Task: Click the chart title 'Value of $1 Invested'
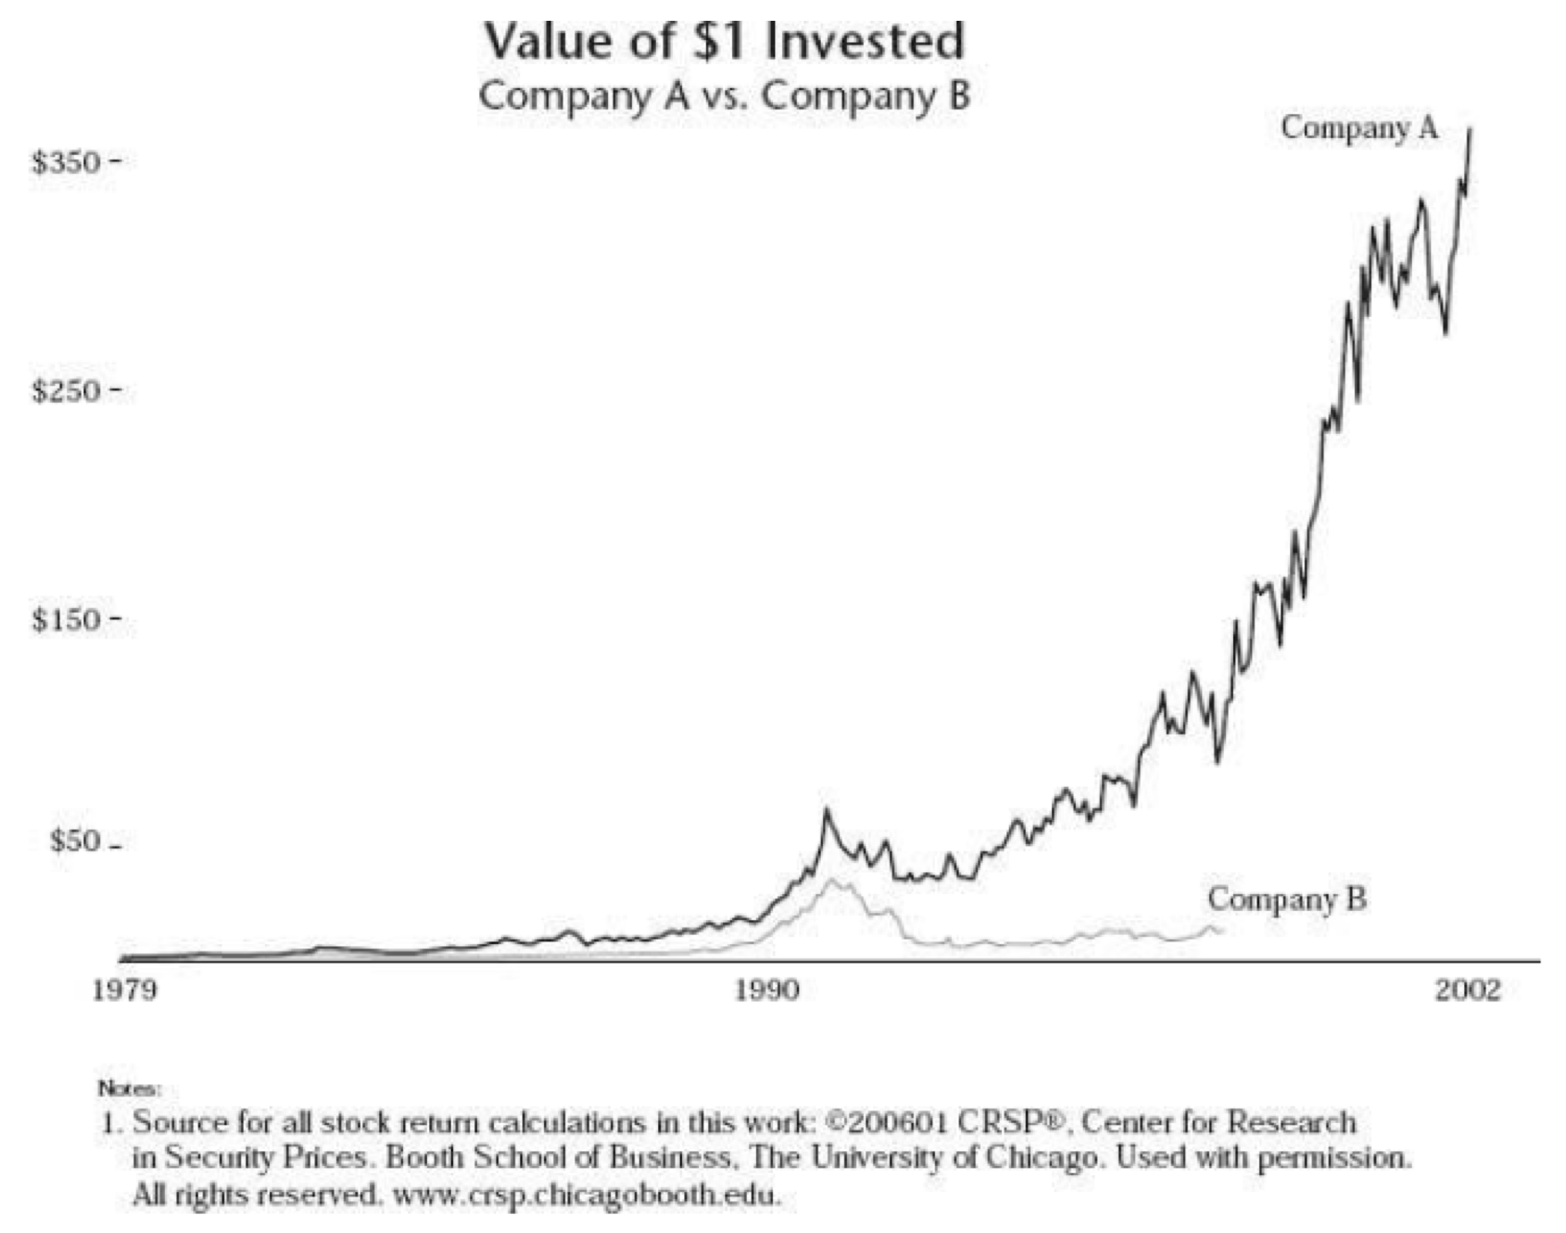pos(724,42)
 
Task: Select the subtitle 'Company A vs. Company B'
pos(724,97)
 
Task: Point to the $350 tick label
pos(66,163)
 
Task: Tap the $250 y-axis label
pos(66,391)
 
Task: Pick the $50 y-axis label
pos(74,842)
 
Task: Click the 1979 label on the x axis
pos(124,990)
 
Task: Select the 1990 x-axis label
pos(766,990)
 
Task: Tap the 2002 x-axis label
pos(1467,990)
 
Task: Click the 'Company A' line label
pos(1359,128)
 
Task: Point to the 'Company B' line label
pos(1286,899)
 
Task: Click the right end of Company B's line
pos(1222,932)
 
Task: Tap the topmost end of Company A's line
pos(1470,129)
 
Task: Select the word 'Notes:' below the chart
pos(129,1089)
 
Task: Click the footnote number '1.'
pos(113,1123)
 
